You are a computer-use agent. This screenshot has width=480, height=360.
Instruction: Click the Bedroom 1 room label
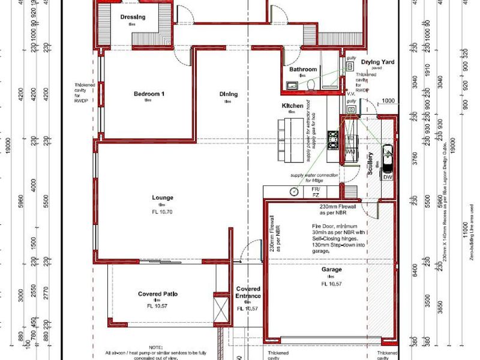[x=148, y=94]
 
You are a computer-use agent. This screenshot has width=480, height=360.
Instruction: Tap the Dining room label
[x=228, y=94]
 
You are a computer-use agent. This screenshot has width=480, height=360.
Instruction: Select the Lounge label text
[x=162, y=197]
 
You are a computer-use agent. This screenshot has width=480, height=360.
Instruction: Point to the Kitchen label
[x=293, y=106]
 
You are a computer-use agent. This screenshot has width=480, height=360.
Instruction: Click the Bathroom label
[x=303, y=70]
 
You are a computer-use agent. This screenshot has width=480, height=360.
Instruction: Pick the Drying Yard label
[x=377, y=62]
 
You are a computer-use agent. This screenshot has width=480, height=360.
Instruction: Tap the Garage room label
[x=331, y=269]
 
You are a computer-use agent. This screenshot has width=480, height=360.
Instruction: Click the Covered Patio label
[x=158, y=294]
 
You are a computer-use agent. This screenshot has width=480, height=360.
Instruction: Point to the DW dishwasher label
[x=388, y=178]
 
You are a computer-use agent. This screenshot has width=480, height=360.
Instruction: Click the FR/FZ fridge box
[x=314, y=192]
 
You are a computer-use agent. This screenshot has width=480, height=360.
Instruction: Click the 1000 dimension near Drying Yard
[x=389, y=101]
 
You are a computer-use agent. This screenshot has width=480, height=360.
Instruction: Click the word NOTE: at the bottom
[x=155, y=347]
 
